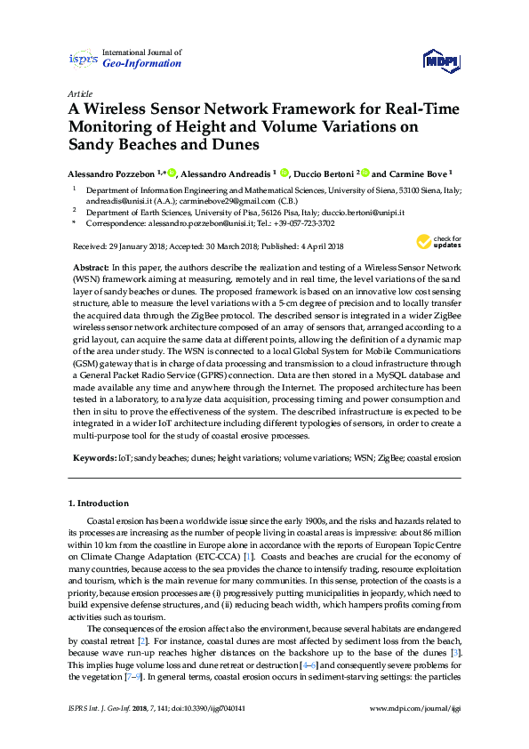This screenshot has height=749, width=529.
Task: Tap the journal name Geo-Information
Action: [x=142, y=64]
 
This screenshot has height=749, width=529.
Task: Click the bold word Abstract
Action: [x=89, y=268]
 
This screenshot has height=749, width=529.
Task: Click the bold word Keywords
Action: [x=92, y=457]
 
